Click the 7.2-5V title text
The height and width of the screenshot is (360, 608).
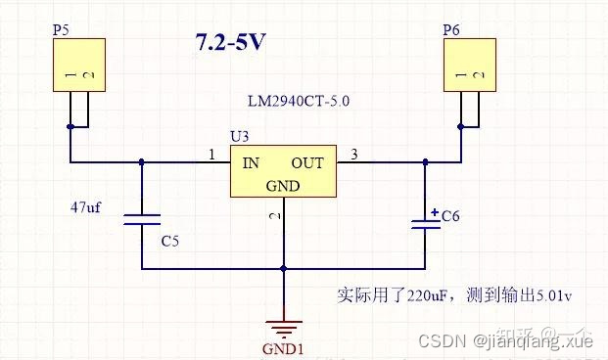click(231, 43)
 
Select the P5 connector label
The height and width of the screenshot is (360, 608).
click(61, 30)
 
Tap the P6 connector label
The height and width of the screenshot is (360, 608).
click(451, 30)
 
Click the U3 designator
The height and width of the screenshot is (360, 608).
click(238, 134)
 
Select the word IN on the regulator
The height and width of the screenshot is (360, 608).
click(252, 163)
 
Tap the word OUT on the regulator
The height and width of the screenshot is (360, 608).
click(306, 163)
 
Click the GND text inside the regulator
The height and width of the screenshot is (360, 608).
click(283, 186)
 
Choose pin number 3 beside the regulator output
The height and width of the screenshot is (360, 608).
click(353, 155)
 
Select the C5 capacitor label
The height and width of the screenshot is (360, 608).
click(169, 240)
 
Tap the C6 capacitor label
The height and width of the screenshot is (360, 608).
click(450, 216)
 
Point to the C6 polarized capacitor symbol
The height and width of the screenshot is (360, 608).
click(425, 222)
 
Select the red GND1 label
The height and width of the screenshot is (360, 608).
click(283, 349)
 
